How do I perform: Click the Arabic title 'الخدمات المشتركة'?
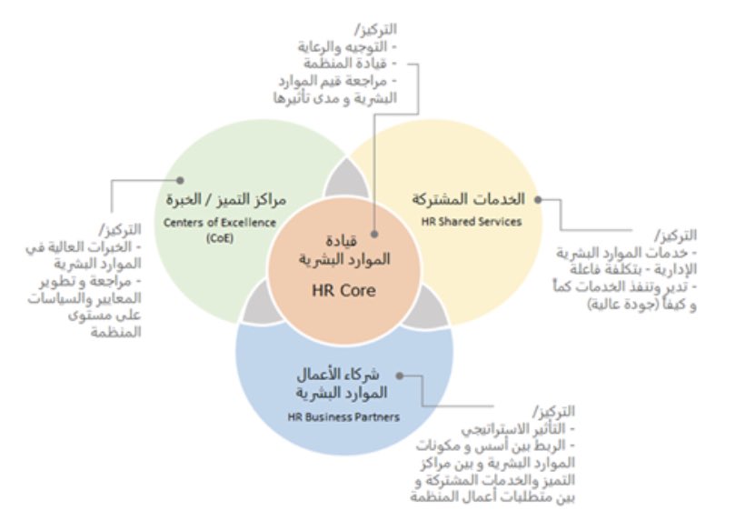coord(469,198)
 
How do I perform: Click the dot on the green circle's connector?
coord(182,181)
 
